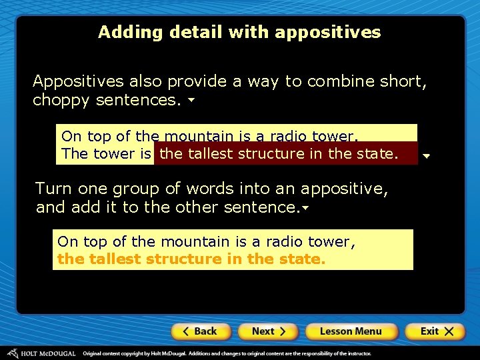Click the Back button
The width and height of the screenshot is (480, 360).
pos(201,331)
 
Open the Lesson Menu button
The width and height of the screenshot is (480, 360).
pos(351,331)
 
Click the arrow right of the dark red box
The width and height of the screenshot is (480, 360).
pos(427,157)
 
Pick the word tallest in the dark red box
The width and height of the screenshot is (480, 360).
pos(210,154)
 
